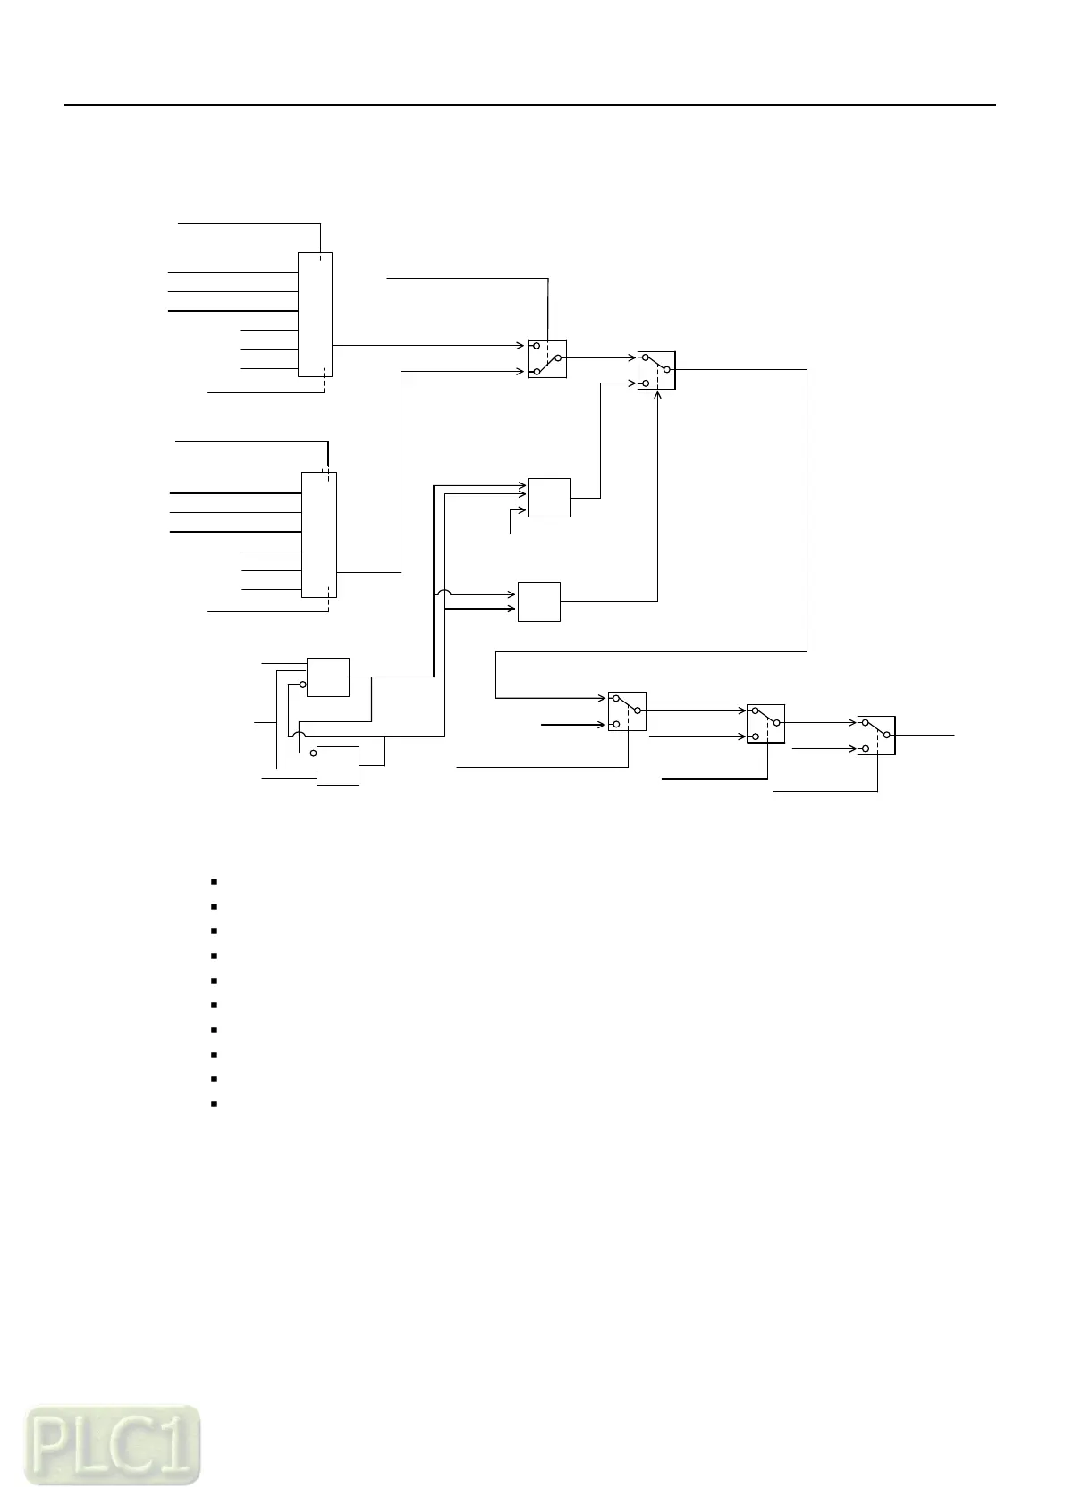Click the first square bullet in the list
[x=216, y=881]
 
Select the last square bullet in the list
[x=216, y=1105]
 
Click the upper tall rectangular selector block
[x=315, y=314]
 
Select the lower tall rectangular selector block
[x=319, y=534]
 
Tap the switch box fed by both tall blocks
[x=547, y=358]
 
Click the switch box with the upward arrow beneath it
[x=656, y=370]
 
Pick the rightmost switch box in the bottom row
[x=876, y=735]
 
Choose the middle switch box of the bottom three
[x=765, y=722]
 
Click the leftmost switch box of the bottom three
[x=627, y=711]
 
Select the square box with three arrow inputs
[x=549, y=498]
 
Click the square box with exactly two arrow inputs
[x=539, y=601]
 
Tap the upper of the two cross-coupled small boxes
[x=328, y=677]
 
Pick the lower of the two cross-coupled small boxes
[x=338, y=765]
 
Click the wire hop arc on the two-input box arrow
[x=444, y=593]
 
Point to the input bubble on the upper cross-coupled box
[x=303, y=685]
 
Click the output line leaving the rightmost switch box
[x=926, y=734]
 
